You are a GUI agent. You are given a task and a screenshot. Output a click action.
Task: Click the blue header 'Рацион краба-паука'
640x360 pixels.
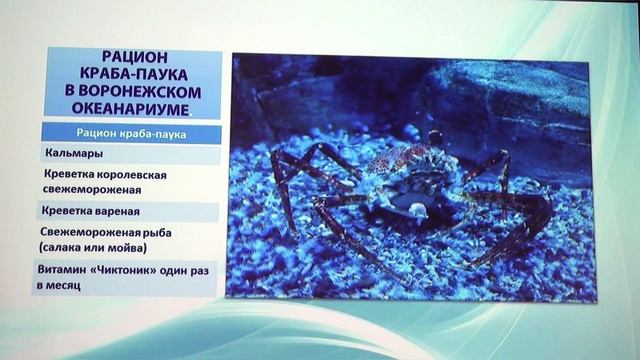(x=131, y=132)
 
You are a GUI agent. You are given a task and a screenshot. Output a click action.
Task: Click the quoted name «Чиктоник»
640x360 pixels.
(x=131, y=270)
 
